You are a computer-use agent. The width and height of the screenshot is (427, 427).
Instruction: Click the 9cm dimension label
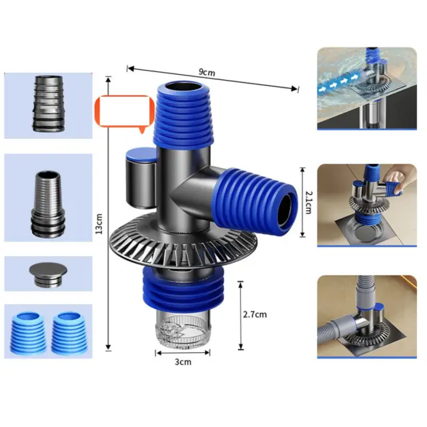coord(207,73)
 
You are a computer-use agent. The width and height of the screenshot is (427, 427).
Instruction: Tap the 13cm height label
coord(99,224)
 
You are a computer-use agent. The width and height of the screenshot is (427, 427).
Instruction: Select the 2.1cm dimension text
coord(309,202)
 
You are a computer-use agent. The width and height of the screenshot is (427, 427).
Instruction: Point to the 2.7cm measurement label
coord(255,314)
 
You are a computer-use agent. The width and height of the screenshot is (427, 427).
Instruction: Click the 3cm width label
coord(183,362)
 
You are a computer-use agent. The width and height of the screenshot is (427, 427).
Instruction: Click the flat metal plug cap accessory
coord(48,274)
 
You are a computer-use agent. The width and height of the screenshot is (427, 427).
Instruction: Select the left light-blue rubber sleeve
coord(28,332)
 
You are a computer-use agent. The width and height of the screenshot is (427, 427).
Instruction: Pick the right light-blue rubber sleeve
coord(69,333)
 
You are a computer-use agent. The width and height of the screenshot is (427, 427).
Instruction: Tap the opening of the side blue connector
coord(285,209)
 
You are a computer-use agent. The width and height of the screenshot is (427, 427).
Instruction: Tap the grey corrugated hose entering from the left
coord(336,326)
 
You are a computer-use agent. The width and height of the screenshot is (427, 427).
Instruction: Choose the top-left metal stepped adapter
coord(49,103)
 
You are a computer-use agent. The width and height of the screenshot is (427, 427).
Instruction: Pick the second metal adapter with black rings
coord(49,204)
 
